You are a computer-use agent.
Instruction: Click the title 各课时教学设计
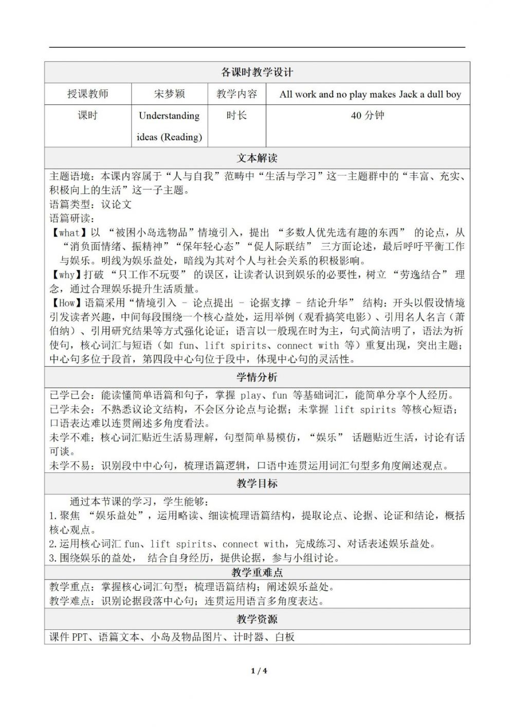coord(257,72)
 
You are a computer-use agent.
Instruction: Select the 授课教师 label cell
coord(88,94)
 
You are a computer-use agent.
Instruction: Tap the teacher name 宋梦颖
coord(169,94)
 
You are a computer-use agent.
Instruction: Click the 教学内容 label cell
coord(236,94)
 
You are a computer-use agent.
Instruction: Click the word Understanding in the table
coord(169,116)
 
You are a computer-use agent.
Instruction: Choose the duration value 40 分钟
coord(368,116)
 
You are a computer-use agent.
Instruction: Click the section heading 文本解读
coord(257,158)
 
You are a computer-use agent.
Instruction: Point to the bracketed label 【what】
coord(70,233)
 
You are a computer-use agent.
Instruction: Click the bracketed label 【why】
coord(67,275)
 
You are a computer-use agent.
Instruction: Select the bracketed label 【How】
coord(67,303)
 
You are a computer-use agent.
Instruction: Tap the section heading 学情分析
coord(257,377)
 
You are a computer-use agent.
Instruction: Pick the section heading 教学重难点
coord(257,573)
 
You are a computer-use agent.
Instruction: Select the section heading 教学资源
coord(257,619)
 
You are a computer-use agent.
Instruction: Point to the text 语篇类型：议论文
coord(90,204)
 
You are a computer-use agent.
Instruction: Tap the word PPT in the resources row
coord(80,638)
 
